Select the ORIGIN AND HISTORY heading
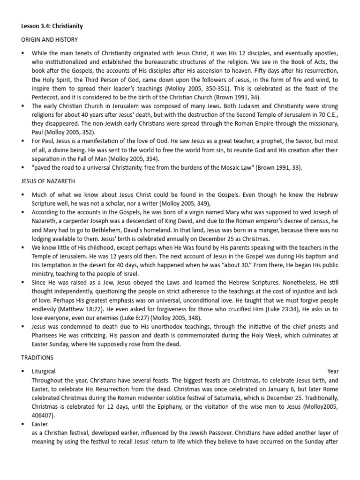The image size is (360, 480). pos(49,39)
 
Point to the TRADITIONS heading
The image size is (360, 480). pos(37,357)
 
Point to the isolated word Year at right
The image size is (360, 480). pos(332,371)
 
